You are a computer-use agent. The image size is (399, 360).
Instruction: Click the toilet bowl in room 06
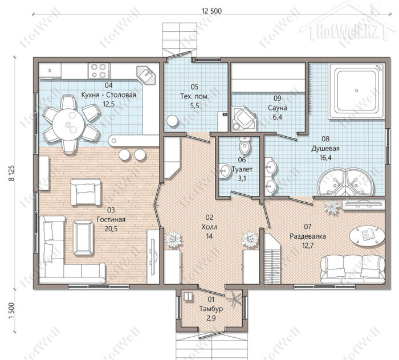[245, 146]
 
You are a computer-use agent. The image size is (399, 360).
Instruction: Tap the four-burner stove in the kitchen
[99, 71]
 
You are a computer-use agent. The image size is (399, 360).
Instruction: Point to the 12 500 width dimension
[211, 11]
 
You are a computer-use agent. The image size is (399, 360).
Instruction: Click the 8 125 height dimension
[11, 173]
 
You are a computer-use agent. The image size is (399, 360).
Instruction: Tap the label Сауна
[278, 108]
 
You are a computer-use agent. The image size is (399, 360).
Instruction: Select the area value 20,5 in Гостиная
[111, 229]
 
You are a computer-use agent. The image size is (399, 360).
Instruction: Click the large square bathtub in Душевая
[356, 91]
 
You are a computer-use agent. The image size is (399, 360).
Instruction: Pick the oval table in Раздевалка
[367, 235]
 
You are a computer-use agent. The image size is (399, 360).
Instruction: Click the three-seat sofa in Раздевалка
[353, 269]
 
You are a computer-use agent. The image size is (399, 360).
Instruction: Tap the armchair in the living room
[85, 192]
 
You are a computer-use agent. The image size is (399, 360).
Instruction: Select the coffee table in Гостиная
[83, 238]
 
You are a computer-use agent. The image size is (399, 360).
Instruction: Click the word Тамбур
[211, 309]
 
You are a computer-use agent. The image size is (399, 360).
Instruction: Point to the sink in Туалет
[225, 171]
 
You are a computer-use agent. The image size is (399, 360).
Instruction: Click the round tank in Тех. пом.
[173, 121]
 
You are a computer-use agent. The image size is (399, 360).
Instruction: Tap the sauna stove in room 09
[243, 118]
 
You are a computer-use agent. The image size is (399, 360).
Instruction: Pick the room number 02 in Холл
[209, 217]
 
